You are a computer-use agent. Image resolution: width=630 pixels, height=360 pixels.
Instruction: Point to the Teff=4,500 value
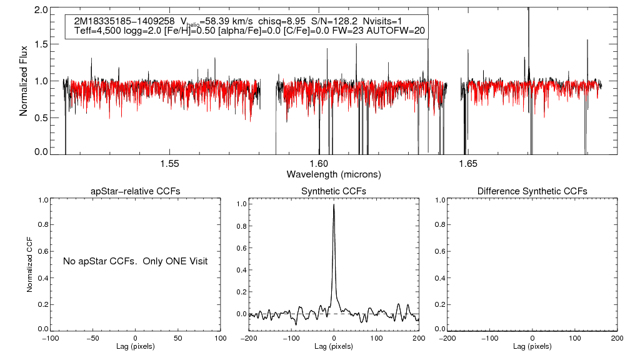click(x=96, y=31)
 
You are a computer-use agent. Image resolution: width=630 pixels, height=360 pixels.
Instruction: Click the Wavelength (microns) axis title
click(x=334, y=174)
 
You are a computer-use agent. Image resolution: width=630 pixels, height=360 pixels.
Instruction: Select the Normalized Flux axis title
click(x=24, y=81)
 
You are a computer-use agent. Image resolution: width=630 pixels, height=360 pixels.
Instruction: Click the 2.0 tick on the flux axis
click(x=41, y=11)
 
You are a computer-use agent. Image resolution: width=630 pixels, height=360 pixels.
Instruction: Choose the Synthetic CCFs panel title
click(x=334, y=191)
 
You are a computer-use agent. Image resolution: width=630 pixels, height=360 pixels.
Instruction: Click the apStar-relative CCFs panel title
click(x=136, y=191)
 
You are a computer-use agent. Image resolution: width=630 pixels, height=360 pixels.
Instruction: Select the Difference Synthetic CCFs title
click(x=532, y=191)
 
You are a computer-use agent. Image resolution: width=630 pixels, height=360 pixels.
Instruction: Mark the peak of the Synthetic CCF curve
click(x=334, y=204)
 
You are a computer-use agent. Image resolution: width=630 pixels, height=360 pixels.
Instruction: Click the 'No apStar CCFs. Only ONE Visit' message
click(x=135, y=261)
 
